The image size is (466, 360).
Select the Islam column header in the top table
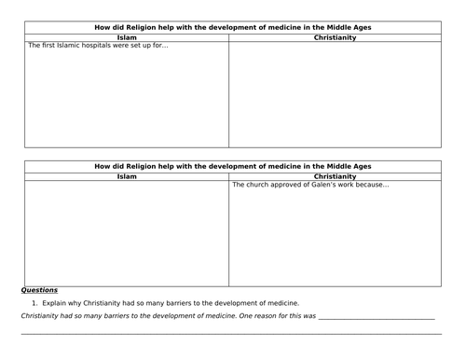(x=126, y=37)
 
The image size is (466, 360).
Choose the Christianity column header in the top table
(x=336, y=37)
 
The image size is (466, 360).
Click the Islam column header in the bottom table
(x=126, y=175)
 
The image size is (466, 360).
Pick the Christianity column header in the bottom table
(x=336, y=175)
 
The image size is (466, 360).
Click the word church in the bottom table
(x=256, y=184)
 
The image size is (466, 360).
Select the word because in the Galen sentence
(x=371, y=184)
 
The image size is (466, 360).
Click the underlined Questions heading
(x=40, y=290)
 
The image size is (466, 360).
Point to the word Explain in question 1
(x=53, y=303)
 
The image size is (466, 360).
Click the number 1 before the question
(x=34, y=303)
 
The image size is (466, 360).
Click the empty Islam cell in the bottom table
(x=126, y=233)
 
